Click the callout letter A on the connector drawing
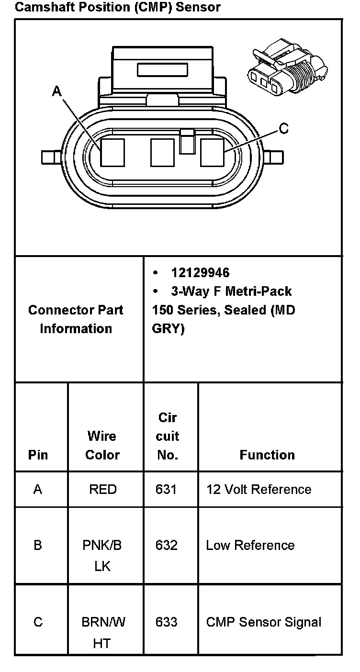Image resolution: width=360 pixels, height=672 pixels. pyautogui.click(x=57, y=91)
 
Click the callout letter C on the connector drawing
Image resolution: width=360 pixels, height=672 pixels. pyautogui.click(x=283, y=128)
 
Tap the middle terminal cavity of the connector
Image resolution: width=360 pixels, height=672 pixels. pyautogui.click(x=162, y=153)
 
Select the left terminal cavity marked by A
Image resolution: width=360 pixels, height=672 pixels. pyautogui.click(x=112, y=153)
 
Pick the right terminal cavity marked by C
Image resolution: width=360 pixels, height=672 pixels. pyautogui.click(x=212, y=153)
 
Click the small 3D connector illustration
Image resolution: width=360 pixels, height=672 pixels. pyautogui.click(x=288, y=67)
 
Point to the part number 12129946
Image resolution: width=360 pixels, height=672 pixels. pyautogui.click(x=200, y=273)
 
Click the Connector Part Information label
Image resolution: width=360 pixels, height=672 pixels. pyautogui.click(x=76, y=319)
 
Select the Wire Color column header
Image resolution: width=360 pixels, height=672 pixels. pyautogui.click(x=102, y=445)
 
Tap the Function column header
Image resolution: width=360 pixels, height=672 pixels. pyautogui.click(x=267, y=455)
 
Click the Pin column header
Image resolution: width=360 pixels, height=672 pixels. pyautogui.click(x=38, y=455)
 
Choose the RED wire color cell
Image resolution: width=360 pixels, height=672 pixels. pyautogui.click(x=102, y=489)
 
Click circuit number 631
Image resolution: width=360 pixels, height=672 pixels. pyautogui.click(x=166, y=489)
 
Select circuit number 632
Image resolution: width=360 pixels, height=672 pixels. pyautogui.click(x=166, y=545)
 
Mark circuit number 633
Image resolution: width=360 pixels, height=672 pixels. pyautogui.click(x=166, y=622)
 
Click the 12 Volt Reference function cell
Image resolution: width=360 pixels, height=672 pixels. pyautogui.click(x=259, y=489)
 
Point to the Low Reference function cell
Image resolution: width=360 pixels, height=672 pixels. pyautogui.click(x=250, y=545)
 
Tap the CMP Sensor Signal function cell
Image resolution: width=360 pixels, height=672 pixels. pyautogui.click(x=263, y=622)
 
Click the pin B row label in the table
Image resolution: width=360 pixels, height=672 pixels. pyautogui.click(x=38, y=545)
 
